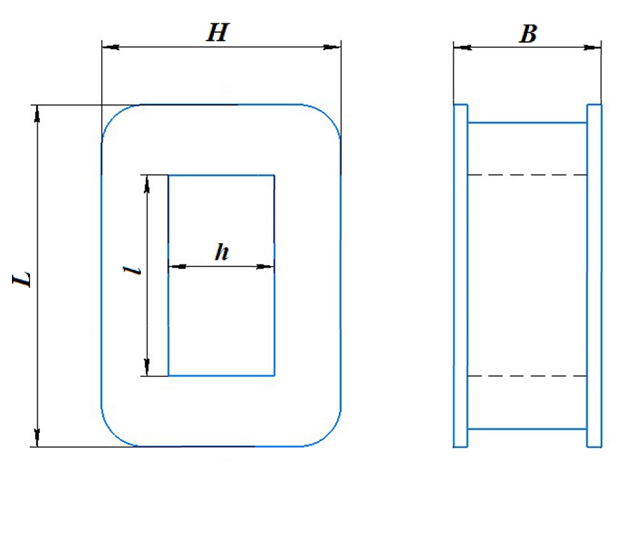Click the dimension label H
pos(217,33)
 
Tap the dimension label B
pos(528,33)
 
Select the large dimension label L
pos(22,279)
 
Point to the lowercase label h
pos(222,252)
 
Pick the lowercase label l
pos(132,270)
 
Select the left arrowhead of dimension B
pos(462,48)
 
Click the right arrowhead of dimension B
pos(592,48)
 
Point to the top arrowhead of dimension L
pos(37,114)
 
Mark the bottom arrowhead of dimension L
pos(37,438)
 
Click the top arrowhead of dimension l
pos(147,184)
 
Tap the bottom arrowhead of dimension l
pos(147,367)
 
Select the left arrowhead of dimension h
pos(177,266)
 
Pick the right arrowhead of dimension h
pos(265,266)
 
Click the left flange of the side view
pos(460,276)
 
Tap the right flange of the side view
pos(594,276)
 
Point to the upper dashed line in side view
pos(528,175)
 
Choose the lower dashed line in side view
pos(528,376)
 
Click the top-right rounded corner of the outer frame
pos(330,115)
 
